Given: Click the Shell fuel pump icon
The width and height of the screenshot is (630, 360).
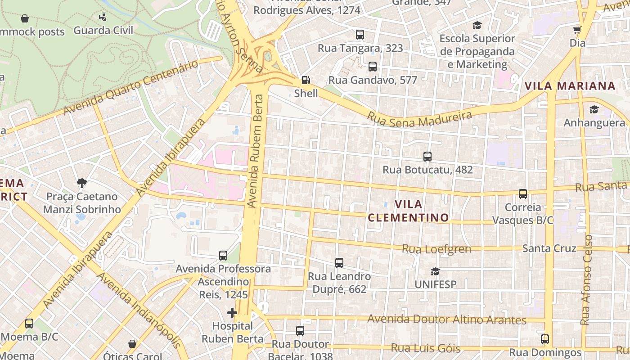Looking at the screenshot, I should point(306,81).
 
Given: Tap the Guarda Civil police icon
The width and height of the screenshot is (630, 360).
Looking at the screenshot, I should point(103,17).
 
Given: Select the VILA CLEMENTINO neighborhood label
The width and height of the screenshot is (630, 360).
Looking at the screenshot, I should point(409,211).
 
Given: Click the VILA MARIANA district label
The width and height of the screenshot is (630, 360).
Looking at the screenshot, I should point(570,86).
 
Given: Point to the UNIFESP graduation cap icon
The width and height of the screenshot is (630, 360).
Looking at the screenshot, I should point(435,271).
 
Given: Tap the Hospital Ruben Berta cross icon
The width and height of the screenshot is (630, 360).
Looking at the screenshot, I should point(232,312).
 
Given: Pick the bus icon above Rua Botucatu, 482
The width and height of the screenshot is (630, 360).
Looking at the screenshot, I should point(427,157).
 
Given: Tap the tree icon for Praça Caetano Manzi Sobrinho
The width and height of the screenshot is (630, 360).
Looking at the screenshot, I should point(81,183).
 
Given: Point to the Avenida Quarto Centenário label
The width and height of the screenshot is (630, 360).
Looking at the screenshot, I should point(130,88).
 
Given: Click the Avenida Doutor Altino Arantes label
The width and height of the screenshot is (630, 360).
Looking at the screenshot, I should point(447,319).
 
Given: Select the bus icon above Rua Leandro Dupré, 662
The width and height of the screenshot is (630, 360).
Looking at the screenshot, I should point(339,262).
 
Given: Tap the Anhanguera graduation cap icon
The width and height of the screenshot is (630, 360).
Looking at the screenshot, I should point(594,109).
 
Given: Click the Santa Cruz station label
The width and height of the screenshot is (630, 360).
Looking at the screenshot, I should point(549,248).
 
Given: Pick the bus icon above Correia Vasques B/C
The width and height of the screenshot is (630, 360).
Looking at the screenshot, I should point(522,194).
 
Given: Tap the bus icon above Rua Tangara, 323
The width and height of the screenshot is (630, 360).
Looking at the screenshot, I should point(360,35).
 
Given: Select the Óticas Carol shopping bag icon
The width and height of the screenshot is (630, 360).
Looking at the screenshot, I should point(132,344).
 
